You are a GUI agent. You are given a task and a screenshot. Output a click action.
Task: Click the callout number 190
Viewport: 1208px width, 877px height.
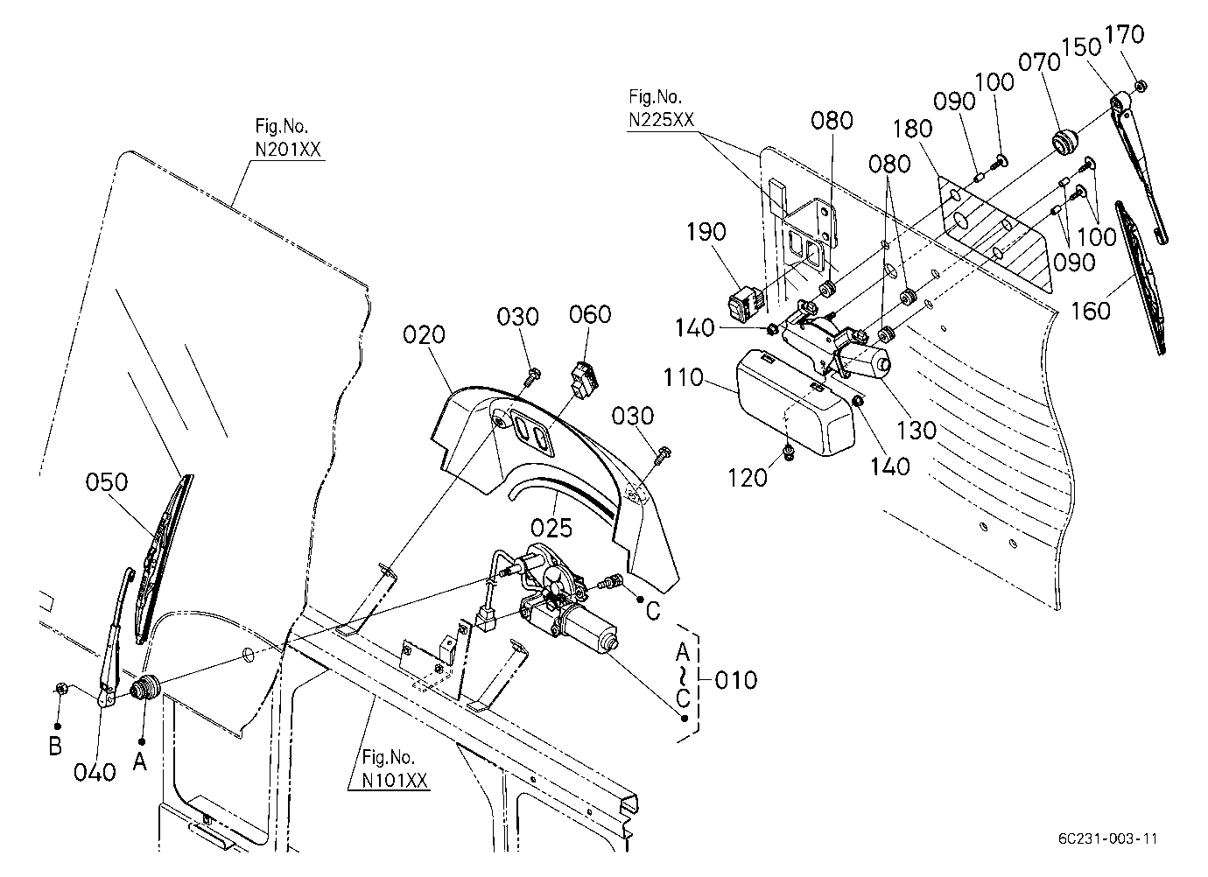(706, 232)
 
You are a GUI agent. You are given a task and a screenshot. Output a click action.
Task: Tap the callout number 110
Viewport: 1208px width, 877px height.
(684, 377)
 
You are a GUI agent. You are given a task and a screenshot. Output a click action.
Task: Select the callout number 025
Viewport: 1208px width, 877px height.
(551, 528)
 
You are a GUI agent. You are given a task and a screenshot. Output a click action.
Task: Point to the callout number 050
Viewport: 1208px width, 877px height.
(107, 482)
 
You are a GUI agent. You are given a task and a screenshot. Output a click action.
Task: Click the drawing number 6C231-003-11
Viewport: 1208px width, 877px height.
(1107, 838)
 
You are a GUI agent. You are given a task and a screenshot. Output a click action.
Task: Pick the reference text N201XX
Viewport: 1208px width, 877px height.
(288, 150)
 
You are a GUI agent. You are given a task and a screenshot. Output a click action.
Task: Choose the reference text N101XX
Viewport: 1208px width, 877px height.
(395, 781)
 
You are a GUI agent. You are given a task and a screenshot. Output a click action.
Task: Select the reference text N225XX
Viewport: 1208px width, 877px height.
(662, 120)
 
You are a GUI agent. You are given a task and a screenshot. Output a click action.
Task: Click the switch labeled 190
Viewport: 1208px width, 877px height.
(745, 305)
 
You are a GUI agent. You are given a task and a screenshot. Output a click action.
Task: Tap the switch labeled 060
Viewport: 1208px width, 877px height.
(585, 381)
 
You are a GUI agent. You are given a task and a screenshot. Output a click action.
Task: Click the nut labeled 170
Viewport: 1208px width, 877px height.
(1141, 86)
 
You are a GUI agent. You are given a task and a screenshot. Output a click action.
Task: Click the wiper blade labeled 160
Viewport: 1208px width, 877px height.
(1141, 277)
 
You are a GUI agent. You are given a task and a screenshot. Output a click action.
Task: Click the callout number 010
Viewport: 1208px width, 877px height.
(736, 680)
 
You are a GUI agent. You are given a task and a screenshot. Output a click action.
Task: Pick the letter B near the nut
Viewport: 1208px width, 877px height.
(55, 747)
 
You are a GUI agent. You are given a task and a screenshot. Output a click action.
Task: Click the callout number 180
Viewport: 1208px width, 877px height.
(912, 129)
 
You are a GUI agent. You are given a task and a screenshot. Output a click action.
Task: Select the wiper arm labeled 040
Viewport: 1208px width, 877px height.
(116, 637)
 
